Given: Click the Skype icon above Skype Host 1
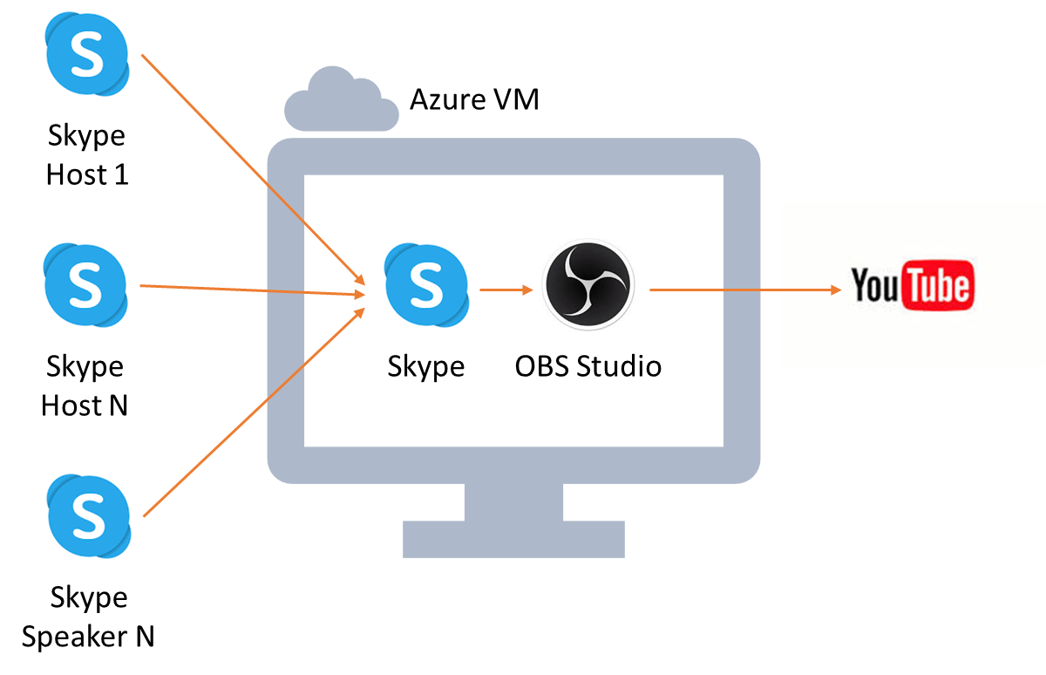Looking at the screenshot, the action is point(87,54).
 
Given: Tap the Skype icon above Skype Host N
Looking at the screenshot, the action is point(85,285).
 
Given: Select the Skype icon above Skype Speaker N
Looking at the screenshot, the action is point(89,516).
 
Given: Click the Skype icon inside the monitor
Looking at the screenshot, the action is point(427,285).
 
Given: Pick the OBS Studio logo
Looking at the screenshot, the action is point(588,284).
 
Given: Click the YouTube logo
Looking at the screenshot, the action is point(913,285).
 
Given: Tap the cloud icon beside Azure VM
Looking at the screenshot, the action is point(342,99).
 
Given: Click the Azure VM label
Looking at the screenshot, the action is point(474,99).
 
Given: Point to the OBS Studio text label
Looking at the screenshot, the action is point(588,365).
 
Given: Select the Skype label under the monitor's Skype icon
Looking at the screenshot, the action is point(426,366).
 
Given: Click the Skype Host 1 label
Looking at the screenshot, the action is point(87,155).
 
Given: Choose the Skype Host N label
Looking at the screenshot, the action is point(85,385).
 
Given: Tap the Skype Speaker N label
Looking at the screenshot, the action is point(88,617).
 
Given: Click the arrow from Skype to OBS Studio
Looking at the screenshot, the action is point(506,290).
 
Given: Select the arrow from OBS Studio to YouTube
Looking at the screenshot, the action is point(745,290).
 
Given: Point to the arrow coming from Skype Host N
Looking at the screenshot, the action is point(253,290).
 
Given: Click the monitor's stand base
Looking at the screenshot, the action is point(513,539).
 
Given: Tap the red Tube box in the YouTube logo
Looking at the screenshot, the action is point(938,285).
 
